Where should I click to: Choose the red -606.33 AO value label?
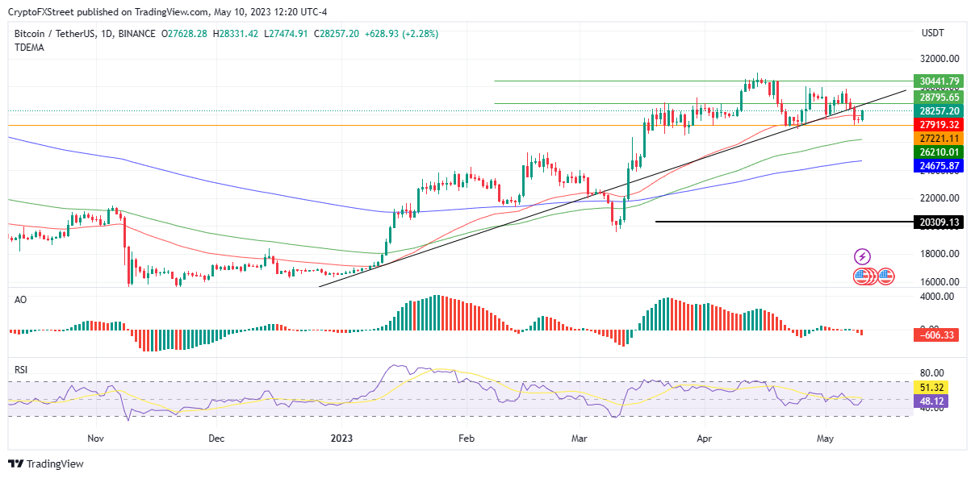click(936, 335)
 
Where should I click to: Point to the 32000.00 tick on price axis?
click(939, 59)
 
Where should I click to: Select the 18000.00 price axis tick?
click(939, 254)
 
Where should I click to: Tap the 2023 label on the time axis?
click(341, 439)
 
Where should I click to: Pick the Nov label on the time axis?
click(96, 439)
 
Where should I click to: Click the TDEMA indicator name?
click(29, 48)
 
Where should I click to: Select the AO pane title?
click(20, 299)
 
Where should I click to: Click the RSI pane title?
click(21, 370)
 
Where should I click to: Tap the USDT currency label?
click(934, 33)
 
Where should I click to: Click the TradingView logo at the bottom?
click(46, 463)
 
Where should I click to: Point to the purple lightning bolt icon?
click(862, 257)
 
